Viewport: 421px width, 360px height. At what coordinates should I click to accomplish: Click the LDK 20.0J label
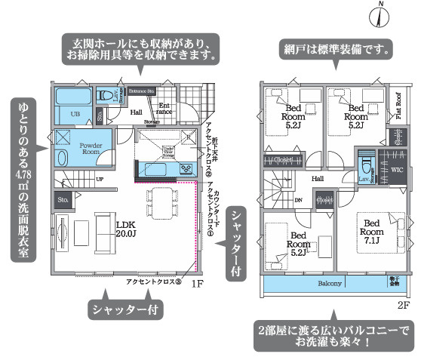[x=125, y=229]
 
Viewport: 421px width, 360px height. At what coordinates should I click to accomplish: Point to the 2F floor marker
[x=403, y=306]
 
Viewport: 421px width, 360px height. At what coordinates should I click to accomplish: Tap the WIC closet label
[x=397, y=170]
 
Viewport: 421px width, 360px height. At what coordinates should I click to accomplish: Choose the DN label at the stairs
[x=298, y=201]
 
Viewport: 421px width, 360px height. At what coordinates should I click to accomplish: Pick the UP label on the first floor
[x=99, y=180]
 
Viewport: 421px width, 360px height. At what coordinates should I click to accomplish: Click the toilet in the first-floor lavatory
[x=105, y=97]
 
